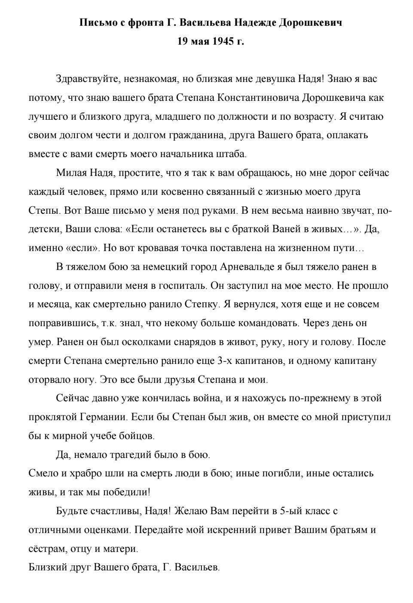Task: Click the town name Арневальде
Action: click(x=247, y=267)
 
